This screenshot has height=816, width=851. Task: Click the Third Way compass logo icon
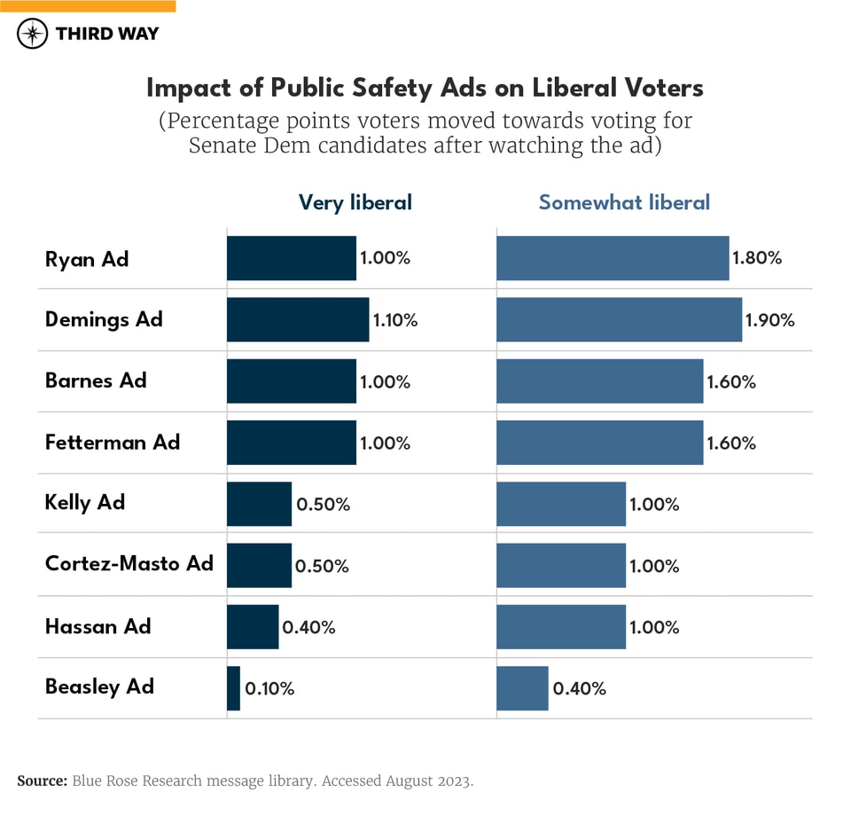click(33, 34)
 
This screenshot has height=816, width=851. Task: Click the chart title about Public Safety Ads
click(425, 88)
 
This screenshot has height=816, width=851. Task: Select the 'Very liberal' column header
click(355, 202)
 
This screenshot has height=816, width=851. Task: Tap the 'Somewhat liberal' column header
click(624, 202)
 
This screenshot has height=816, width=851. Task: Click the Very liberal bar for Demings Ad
click(298, 319)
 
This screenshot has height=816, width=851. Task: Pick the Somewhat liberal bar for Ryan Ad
click(613, 258)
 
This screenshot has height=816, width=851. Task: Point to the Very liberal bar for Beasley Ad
click(233, 688)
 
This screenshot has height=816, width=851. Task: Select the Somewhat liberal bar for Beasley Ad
click(522, 688)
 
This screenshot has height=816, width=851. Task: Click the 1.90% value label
click(770, 320)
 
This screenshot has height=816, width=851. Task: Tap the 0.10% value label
click(269, 688)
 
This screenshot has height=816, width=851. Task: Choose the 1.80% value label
click(757, 258)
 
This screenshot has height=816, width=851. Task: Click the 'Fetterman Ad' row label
click(113, 442)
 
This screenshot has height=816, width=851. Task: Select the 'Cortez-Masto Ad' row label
click(129, 563)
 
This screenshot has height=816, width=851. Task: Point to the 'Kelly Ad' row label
click(85, 502)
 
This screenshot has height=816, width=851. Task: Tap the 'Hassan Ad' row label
click(98, 626)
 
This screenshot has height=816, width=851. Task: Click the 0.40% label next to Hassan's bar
click(308, 627)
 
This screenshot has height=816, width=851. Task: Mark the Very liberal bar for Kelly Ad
click(259, 504)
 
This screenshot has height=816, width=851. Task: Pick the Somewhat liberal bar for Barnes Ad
click(599, 381)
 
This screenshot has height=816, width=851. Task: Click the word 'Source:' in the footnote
click(42, 781)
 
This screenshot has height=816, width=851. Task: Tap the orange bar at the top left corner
click(88, 5)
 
